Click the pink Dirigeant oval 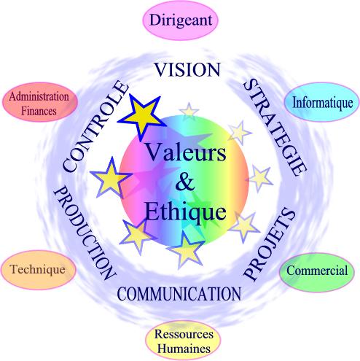tap(180, 20)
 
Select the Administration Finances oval tap(39, 102)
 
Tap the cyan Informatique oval tap(322, 102)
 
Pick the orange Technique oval tap(38, 270)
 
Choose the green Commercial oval tap(317, 271)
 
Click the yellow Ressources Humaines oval tap(183, 341)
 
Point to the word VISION tap(187, 70)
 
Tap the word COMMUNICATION tap(179, 294)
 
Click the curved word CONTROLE tap(95, 126)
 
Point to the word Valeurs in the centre tap(186, 152)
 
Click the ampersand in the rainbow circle tap(185, 182)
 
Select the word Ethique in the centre tap(186, 211)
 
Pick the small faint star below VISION tap(189, 112)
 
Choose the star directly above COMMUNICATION tap(186, 249)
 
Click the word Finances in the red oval tap(39, 111)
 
